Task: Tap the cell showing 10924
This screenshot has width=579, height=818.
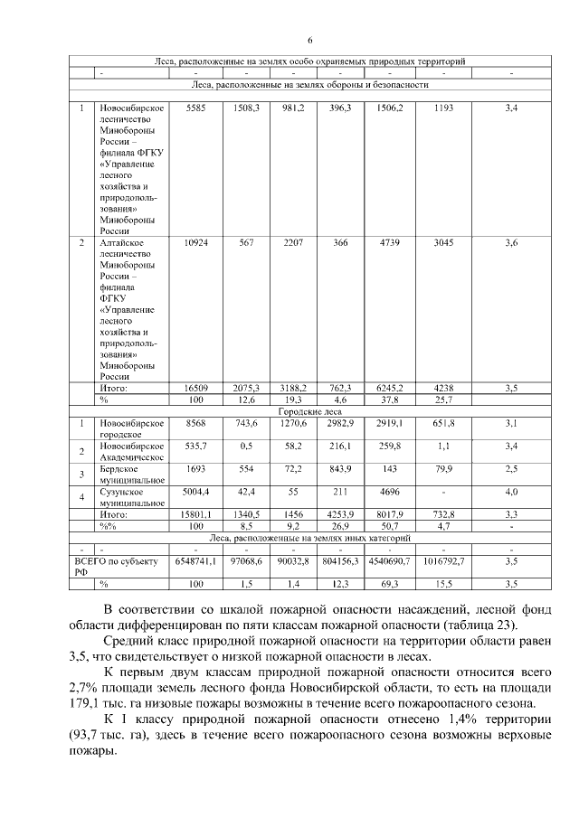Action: tap(196, 243)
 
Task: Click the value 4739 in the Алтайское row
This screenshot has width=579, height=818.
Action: tap(389, 243)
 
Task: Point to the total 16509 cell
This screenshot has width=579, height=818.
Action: tap(196, 388)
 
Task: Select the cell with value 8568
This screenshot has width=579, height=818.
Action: tap(196, 422)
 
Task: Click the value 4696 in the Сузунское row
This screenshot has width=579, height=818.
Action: tap(389, 492)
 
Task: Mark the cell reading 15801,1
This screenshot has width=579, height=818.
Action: tap(196, 513)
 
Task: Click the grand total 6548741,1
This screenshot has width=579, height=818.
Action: tap(196, 560)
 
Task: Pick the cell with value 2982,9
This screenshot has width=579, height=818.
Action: tap(340, 422)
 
